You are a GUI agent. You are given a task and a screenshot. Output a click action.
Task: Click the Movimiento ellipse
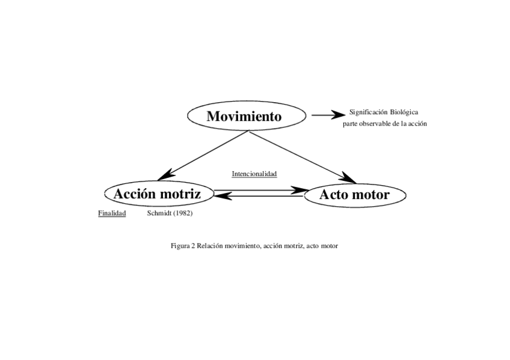(244, 116)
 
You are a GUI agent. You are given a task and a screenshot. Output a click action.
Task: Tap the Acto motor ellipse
(354, 195)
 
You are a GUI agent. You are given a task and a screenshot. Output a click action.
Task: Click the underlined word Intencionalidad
(254, 174)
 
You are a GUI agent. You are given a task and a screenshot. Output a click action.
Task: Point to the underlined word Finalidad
(112, 213)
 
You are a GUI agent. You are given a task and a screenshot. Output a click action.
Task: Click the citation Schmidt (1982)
(170, 213)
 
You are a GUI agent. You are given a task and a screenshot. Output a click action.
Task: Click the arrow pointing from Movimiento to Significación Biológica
(328, 114)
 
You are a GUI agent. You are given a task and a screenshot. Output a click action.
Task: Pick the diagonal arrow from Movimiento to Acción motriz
(201, 156)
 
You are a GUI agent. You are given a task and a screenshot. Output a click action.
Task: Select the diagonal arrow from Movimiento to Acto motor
(301, 156)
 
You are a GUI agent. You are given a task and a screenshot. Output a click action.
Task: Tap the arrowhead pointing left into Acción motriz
(221, 197)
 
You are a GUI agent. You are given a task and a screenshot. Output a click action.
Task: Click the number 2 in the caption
(192, 246)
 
